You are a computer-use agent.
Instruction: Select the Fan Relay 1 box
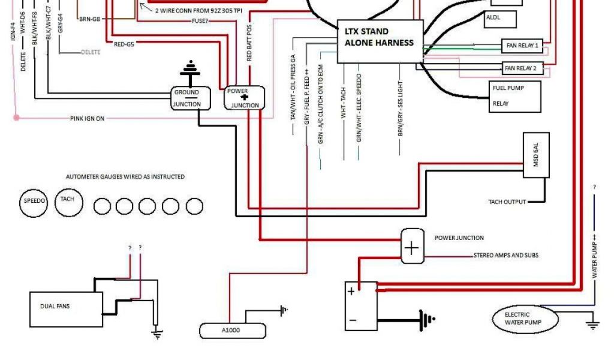(522, 46)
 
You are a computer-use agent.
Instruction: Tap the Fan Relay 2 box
(522, 68)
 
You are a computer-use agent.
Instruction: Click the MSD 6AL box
(536, 155)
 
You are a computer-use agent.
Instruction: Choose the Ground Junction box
(191, 98)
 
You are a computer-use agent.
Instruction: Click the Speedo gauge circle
(34, 202)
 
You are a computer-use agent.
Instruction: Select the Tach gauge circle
(67, 200)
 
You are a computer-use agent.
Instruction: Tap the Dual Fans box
(66, 308)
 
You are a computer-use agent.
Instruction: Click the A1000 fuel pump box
(232, 331)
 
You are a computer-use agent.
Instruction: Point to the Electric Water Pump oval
(525, 319)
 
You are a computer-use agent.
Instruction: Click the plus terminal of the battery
(351, 292)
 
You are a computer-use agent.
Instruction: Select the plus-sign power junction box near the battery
(412, 246)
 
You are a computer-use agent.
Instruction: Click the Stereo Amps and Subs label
(505, 256)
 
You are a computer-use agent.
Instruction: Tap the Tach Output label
(507, 202)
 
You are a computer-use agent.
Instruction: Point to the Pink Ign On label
(87, 119)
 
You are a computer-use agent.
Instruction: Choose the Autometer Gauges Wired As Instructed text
(125, 177)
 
